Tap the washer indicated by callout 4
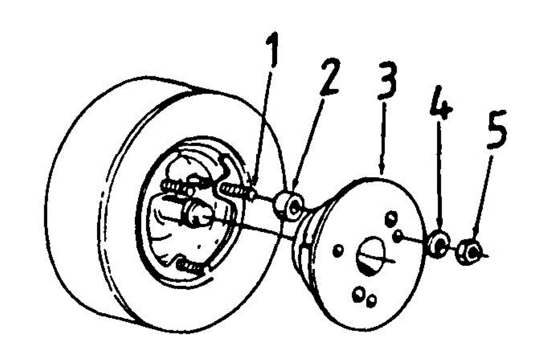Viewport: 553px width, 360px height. coord(438,242)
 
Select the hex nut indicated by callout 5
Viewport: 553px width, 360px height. coord(469,252)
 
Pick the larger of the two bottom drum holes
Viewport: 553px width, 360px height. coord(358,294)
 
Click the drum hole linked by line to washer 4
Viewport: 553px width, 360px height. coord(397,237)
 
